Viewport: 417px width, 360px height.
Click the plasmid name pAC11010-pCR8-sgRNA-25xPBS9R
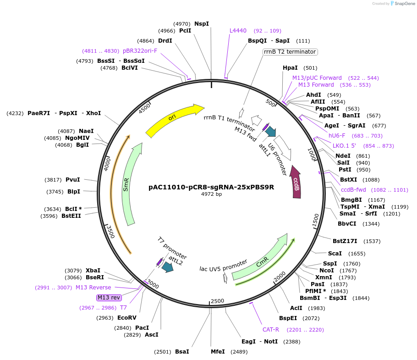211,187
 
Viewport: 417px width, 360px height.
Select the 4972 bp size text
211,194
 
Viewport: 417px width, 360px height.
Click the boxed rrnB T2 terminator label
290,52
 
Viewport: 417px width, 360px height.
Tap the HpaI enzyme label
290,68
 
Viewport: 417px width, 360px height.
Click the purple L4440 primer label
238,31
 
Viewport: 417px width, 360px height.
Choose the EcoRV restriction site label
127,317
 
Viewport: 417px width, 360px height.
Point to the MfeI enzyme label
217,352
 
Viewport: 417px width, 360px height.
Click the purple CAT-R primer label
271,330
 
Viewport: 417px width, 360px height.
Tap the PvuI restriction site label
72,180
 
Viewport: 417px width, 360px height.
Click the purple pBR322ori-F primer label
140,51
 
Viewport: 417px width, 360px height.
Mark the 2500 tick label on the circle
217,301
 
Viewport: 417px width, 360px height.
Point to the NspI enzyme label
201,23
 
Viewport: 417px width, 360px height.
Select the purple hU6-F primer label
337,136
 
